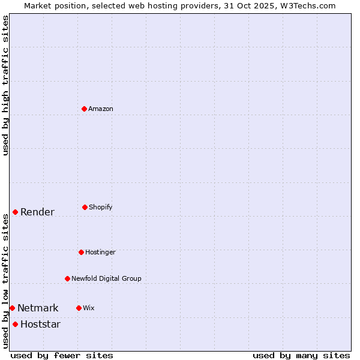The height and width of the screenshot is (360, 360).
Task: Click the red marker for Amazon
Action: (85, 109)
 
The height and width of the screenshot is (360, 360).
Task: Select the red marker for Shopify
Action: (85, 207)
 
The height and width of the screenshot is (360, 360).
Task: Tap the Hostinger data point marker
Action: (81, 252)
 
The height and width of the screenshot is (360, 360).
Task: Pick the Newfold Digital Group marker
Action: (67, 278)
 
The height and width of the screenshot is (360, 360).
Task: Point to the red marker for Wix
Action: (79, 308)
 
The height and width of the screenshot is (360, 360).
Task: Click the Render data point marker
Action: (16, 212)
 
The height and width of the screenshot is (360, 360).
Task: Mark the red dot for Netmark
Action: (12, 308)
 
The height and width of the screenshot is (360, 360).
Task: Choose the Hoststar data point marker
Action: (16, 324)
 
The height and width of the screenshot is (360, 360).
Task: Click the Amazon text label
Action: (101, 109)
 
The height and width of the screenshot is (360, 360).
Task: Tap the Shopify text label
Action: (101, 207)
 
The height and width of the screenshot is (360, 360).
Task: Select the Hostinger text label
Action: (100, 252)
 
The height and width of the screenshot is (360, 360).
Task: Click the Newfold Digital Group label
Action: (106, 278)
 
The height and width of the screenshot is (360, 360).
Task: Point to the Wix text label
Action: (89, 308)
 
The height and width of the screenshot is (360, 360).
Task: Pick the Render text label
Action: (37, 212)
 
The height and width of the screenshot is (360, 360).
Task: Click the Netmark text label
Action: (38, 308)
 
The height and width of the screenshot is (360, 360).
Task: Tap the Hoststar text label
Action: (40, 324)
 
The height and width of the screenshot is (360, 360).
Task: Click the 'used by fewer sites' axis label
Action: (62, 355)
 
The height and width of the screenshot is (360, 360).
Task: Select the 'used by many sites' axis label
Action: (301, 355)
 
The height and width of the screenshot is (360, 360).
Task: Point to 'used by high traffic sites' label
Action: (6, 85)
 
